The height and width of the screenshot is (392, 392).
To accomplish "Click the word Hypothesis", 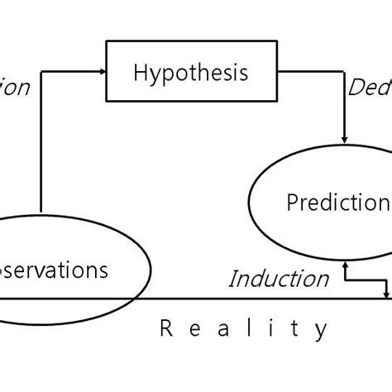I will tap(190, 74).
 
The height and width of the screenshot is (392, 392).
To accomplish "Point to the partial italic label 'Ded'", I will tap(369, 88).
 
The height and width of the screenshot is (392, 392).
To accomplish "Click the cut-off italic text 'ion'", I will tap(14, 87).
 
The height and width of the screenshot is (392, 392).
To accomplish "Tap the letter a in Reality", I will tap(221, 330).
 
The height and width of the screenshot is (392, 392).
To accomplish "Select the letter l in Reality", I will tap(246, 329).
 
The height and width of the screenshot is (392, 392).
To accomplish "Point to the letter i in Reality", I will tap(269, 329).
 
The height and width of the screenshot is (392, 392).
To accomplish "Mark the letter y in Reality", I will tap(321, 332).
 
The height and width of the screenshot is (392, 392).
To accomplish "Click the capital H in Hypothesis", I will tap(139, 73).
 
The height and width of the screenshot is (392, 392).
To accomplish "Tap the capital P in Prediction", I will tap(292, 203).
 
